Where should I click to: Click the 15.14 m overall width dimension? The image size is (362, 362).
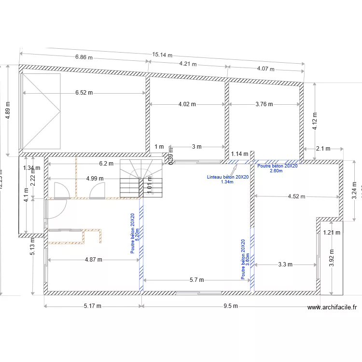162,55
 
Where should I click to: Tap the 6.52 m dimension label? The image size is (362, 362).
84,92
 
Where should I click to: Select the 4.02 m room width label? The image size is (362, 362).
187,104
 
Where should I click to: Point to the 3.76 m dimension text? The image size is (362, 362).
264,104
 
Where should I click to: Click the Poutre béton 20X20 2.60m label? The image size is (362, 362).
277,168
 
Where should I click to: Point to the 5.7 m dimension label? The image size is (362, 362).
196,279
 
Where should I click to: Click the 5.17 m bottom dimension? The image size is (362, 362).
92,306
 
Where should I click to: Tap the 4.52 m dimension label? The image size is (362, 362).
296,196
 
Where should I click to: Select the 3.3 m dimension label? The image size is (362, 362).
286,264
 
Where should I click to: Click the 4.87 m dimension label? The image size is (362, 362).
93,259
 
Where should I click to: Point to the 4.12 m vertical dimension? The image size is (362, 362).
315,122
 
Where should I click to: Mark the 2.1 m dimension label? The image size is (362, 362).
323,149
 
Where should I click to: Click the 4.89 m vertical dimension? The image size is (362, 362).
7,111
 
